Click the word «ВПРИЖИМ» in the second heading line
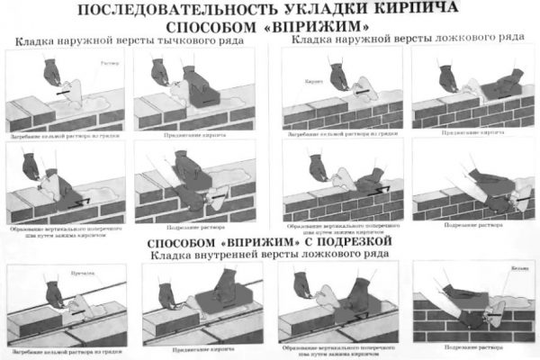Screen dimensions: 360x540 (314, 26)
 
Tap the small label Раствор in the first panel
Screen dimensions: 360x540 (110, 64)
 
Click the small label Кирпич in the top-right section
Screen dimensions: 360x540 (311, 80)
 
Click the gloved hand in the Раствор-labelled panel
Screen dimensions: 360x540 (50, 72)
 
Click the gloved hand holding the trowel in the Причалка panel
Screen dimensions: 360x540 (54, 292)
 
